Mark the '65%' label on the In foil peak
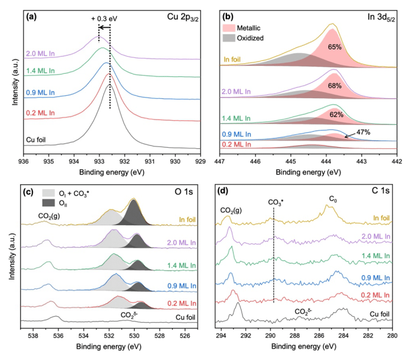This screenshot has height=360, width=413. coord(334,46)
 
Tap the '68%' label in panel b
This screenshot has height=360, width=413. coord(334,86)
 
